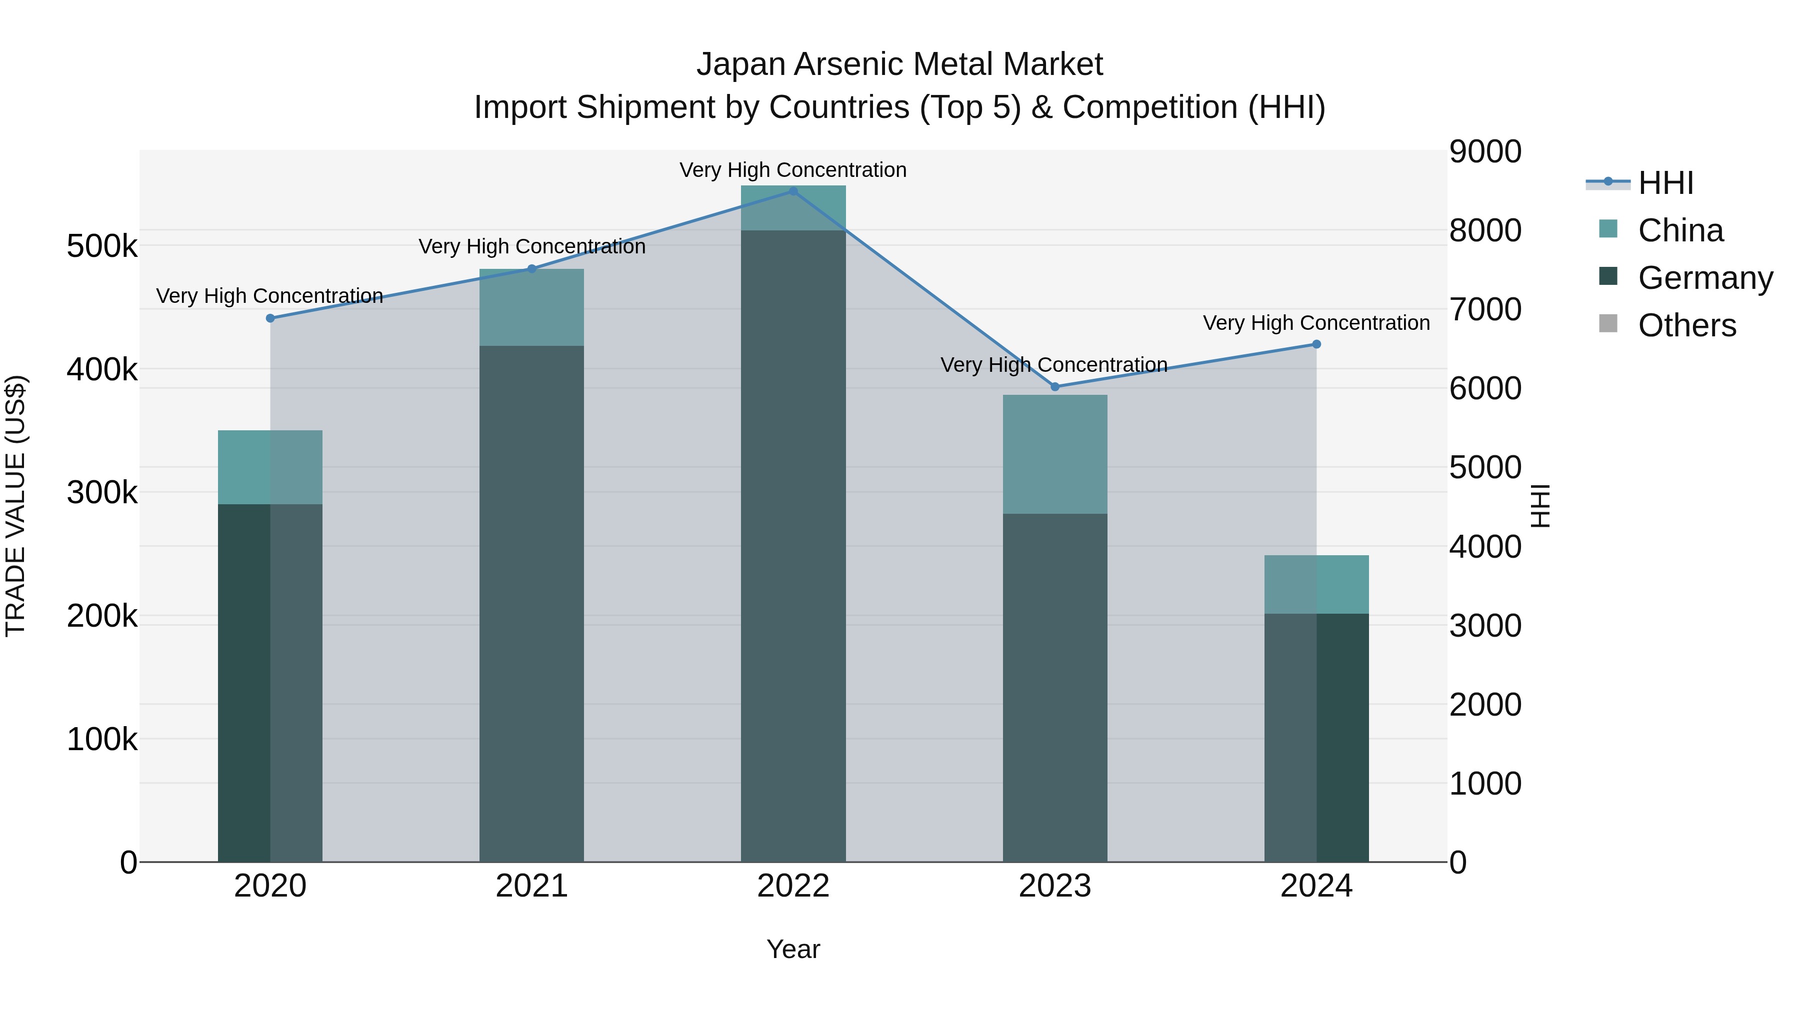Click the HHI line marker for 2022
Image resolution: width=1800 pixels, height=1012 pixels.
(x=793, y=191)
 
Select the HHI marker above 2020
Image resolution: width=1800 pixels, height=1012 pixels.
(x=270, y=318)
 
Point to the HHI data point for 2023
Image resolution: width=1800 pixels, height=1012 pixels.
(x=1055, y=387)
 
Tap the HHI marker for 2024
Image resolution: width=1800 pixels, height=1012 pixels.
(x=1316, y=344)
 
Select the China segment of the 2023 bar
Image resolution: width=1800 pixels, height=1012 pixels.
(x=1055, y=454)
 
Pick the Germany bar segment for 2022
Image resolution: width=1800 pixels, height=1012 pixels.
(x=793, y=545)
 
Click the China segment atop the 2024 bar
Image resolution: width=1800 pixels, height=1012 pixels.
(x=1316, y=585)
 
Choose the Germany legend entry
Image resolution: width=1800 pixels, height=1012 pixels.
(x=1705, y=278)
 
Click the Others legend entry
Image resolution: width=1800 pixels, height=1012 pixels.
(x=1687, y=325)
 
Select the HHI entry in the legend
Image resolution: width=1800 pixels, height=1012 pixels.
(x=1666, y=183)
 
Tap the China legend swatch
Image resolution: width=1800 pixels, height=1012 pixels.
(x=1608, y=229)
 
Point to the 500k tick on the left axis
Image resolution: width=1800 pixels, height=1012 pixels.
(x=102, y=246)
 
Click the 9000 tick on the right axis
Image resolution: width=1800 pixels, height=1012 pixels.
(x=1485, y=151)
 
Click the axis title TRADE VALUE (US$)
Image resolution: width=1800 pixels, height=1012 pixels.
(x=15, y=506)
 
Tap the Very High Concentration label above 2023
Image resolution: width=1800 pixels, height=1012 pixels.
(x=1053, y=365)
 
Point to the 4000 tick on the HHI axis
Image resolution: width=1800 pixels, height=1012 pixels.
(x=1485, y=547)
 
